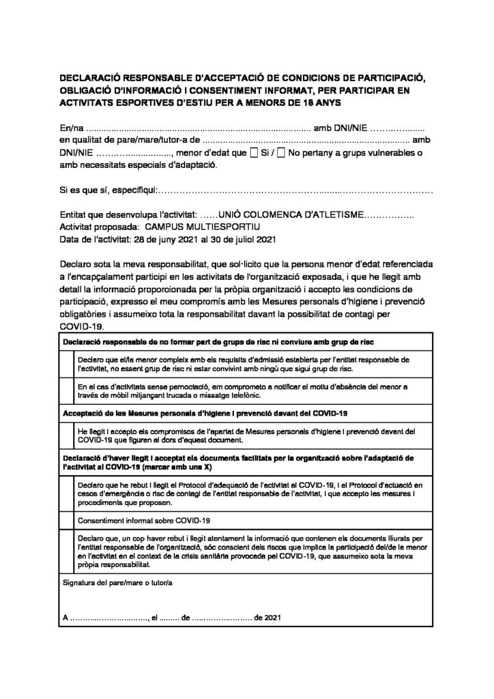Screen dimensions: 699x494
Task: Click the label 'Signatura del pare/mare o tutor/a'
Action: tap(118, 584)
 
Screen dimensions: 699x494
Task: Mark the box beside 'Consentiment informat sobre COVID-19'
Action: tap(68, 521)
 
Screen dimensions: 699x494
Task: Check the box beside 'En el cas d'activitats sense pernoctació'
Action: tap(68, 391)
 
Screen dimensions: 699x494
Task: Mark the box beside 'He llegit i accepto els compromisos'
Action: tap(68, 436)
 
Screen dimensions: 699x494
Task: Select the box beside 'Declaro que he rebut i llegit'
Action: tap(68, 493)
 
